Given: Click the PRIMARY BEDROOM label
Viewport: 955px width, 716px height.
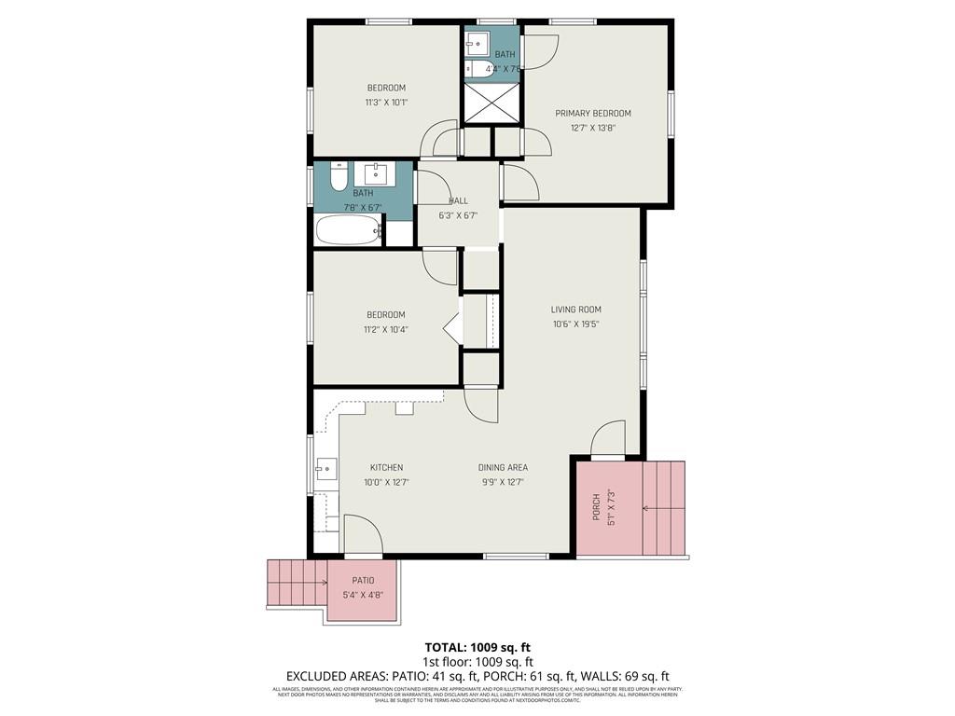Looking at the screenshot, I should tap(593, 114).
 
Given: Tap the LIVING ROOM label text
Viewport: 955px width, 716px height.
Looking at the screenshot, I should tap(575, 310).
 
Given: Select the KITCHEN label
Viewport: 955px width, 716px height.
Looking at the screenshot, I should tap(386, 468).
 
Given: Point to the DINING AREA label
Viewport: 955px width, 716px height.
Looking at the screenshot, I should tap(503, 468).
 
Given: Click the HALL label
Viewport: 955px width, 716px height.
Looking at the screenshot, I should tap(458, 200).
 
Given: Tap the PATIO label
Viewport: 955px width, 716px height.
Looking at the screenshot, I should tap(363, 580).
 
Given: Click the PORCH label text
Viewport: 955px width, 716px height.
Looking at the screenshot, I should tap(597, 505).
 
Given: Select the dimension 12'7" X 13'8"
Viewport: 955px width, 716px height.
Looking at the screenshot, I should tap(593, 129).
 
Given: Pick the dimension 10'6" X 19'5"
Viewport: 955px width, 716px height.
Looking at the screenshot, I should tap(575, 324).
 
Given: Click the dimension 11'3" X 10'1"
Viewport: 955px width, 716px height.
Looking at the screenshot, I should tap(386, 103).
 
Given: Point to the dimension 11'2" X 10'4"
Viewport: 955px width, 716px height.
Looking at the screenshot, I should tap(386, 329).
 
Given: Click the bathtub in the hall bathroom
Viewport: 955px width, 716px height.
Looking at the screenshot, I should tap(348, 229).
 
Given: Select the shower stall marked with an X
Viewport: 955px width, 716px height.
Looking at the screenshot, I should tap(491, 103).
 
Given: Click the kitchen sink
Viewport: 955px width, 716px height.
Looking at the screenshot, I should tap(326, 470).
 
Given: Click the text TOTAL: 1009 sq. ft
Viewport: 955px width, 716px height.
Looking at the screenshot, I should tap(477, 647).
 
